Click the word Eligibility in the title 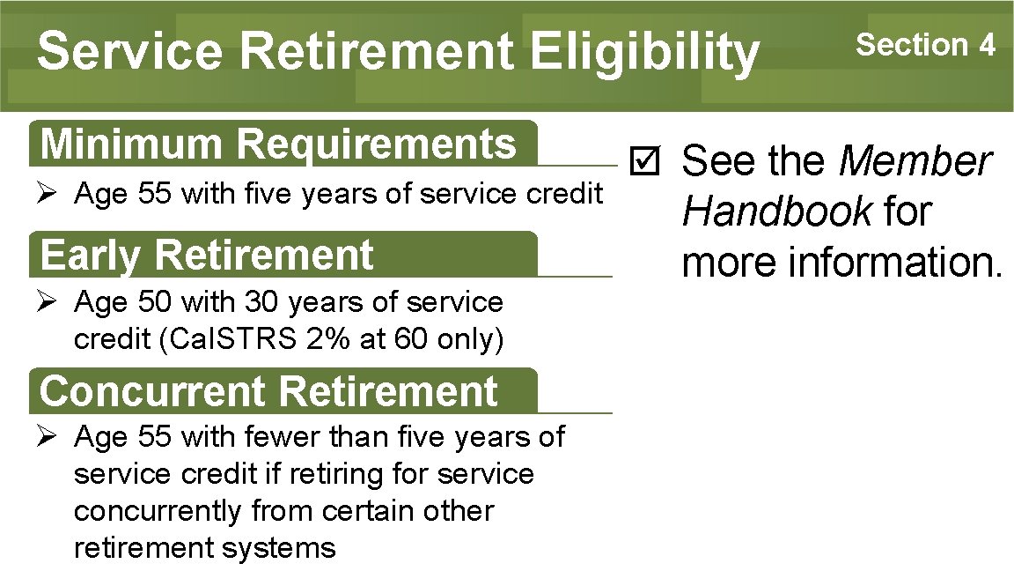pos(643,50)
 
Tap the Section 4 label pos(925,43)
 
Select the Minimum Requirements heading pos(278,145)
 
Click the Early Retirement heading pos(207,256)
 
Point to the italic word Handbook pos(776,212)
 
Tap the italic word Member pos(915,162)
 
